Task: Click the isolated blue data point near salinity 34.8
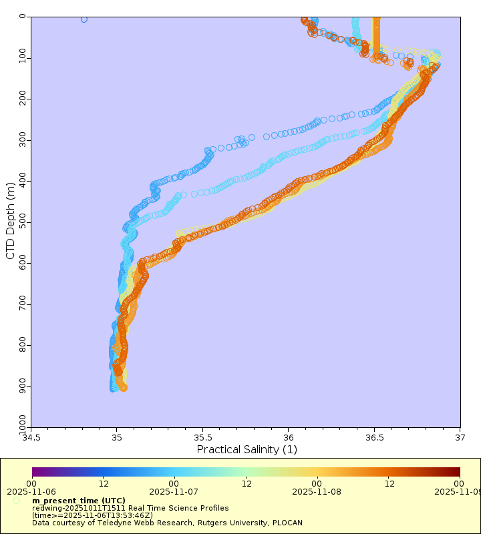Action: [84, 19]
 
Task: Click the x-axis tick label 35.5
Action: [202, 439]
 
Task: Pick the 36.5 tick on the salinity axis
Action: [374, 439]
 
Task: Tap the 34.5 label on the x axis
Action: [31, 439]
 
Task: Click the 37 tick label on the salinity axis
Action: [460, 439]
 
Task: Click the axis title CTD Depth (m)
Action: [10, 220]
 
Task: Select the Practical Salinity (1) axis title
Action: [247, 450]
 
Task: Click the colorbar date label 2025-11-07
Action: [174, 491]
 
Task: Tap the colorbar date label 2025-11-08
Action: [317, 491]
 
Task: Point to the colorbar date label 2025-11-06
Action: [31, 491]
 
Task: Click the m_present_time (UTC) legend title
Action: [78, 501]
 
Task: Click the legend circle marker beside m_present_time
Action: [16, 501]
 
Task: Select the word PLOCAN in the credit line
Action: [255, 523]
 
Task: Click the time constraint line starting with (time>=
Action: [92, 515]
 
